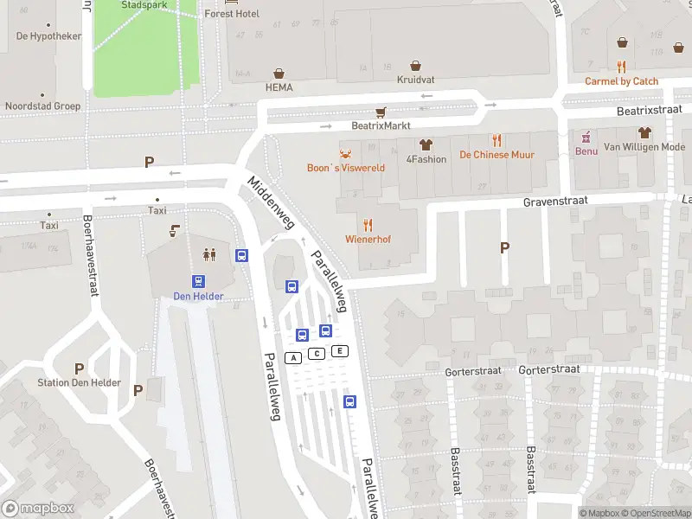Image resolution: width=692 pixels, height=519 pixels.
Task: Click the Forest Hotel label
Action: [232, 14]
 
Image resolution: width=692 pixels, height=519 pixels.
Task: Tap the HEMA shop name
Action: [279, 87]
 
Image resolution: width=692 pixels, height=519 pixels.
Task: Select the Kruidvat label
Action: [415, 80]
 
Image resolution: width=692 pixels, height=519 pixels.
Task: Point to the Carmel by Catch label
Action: [621, 81]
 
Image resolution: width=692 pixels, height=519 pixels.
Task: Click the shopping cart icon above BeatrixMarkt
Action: [381, 112]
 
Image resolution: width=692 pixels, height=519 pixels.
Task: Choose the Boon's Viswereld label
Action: [346, 168]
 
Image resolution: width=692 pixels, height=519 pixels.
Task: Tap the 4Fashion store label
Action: [426, 159]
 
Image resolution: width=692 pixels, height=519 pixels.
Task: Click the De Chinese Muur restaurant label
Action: [497, 155]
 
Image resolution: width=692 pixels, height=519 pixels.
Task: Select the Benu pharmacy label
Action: [586, 151]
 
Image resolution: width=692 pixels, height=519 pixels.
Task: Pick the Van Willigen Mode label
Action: [644, 147]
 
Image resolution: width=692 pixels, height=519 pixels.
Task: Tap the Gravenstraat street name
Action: [554, 202]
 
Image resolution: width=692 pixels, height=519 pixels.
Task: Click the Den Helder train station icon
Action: [199, 281]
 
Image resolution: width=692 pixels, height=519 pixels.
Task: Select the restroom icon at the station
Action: [208, 254]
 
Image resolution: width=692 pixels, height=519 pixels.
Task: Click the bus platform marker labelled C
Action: [317, 354]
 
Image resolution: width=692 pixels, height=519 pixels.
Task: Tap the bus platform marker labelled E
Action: [340, 350]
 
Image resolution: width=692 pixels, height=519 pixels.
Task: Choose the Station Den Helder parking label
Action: [80, 383]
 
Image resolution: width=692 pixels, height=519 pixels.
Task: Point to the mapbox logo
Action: [38, 509]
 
